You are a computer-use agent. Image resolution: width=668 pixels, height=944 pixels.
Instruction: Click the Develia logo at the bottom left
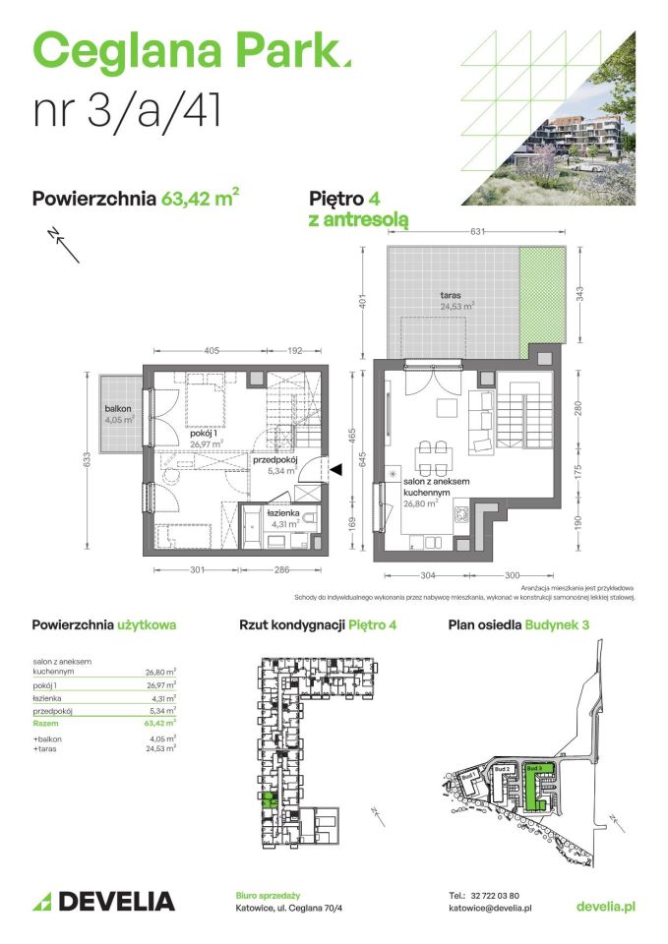click(103, 901)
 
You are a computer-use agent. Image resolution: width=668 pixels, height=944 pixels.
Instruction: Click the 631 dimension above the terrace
click(476, 233)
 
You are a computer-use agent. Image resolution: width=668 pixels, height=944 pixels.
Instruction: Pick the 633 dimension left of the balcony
click(88, 459)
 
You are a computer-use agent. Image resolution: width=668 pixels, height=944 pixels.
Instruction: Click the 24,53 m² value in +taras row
click(160, 748)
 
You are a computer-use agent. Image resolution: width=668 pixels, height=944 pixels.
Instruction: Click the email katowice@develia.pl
click(489, 909)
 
